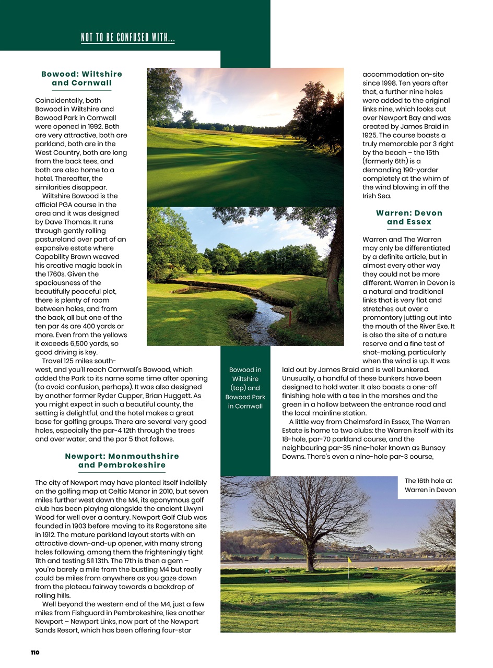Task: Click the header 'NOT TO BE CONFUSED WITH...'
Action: (128, 38)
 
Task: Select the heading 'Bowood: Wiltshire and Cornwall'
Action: (81, 78)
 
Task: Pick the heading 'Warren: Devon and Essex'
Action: (409, 217)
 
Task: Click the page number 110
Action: (35, 652)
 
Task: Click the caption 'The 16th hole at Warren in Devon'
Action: (430, 485)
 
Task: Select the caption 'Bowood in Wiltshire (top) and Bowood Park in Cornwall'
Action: (245, 388)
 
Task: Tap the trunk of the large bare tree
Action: (310, 558)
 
